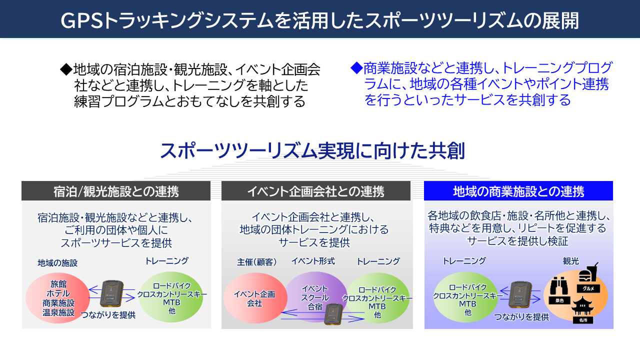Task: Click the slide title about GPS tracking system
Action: pos(320,20)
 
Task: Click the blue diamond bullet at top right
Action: pos(356,67)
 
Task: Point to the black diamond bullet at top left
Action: pos(66,68)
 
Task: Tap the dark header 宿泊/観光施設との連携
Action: pos(116,191)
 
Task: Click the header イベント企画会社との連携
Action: pos(315,191)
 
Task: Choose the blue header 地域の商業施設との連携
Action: pos(518,191)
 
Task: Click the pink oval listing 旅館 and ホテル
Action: pos(57,298)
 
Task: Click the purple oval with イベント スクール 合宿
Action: pos(315,294)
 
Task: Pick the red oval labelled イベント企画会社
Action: pos(254,298)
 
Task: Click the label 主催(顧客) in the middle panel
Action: pos(256,261)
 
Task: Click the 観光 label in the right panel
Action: pos(571,261)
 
